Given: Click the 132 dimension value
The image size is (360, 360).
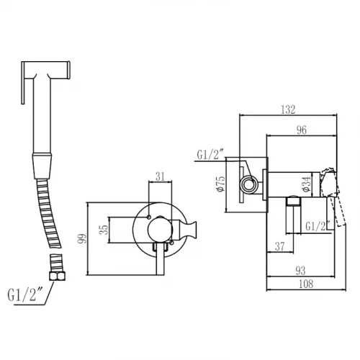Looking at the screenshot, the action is click(x=288, y=109).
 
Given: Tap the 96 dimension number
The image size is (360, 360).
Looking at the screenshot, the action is click(x=302, y=130).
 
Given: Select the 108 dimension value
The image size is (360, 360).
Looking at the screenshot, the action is click(x=306, y=284).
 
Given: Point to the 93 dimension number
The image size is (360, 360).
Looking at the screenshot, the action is click(x=300, y=271).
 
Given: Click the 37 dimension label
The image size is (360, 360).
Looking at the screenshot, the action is click(x=280, y=246).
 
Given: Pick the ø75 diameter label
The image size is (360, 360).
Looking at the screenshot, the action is click(x=220, y=184).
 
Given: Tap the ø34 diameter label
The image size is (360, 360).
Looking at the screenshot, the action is click(x=307, y=184).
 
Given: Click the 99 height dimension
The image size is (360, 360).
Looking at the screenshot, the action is click(x=82, y=238).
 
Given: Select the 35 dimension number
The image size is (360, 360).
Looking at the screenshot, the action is click(x=104, y=230).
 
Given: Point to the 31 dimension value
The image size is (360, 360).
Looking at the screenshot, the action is click(x=161, y=176).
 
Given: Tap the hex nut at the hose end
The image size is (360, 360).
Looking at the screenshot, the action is click(x=57, y=276).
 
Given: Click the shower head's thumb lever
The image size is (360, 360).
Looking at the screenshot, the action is click(x=23, y=83).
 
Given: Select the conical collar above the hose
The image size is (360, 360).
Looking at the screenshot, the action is click(x=42, y=166).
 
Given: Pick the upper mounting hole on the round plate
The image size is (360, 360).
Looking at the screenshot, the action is click(x=149, y=217).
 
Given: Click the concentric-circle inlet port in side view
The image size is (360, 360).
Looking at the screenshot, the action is click(x=249, y=184).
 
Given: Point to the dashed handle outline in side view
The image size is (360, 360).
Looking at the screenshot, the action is click(x=333, y=197).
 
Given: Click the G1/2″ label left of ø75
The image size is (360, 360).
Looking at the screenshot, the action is click(x=210, y=155).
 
